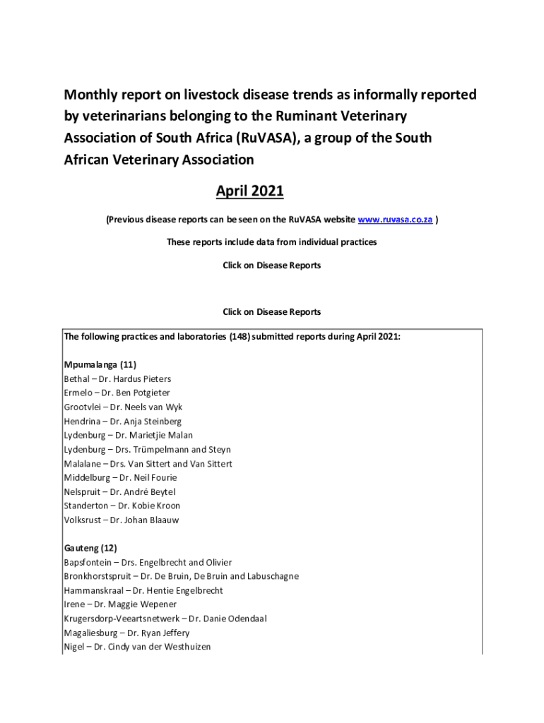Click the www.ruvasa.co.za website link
(x=396, y=220)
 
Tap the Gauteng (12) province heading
(x=90, y=548)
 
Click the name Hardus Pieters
(x=145, y=379)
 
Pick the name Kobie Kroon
(x=155, y=506)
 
